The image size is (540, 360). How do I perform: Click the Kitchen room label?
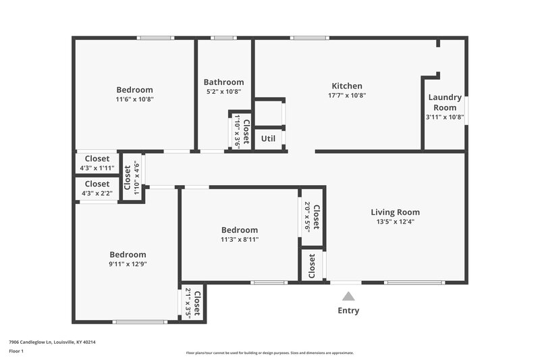coord(347,86)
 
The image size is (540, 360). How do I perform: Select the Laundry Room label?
coord(446,103)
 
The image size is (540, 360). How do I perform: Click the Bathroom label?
coord(223,82)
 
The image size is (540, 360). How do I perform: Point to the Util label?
coord(268,138)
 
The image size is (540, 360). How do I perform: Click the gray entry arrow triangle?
coord(348,296)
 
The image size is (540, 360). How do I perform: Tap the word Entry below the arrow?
coord(348,311)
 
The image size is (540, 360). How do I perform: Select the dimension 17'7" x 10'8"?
coord(347,95)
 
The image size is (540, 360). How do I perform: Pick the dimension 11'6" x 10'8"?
coord(134,99)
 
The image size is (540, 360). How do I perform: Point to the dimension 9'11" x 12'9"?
coord(128,264)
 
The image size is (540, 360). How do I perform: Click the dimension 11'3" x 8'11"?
coord(239,239)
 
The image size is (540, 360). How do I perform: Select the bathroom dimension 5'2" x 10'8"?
coord(223,92)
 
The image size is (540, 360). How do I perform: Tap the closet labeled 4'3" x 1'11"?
coord(97,163)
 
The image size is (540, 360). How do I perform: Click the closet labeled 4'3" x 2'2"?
coord(97,188)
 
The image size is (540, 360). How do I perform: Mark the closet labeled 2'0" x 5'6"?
coord(311,216)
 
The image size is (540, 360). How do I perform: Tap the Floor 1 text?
coord(16,351)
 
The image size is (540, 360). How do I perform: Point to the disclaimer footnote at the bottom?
coord(269,353)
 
